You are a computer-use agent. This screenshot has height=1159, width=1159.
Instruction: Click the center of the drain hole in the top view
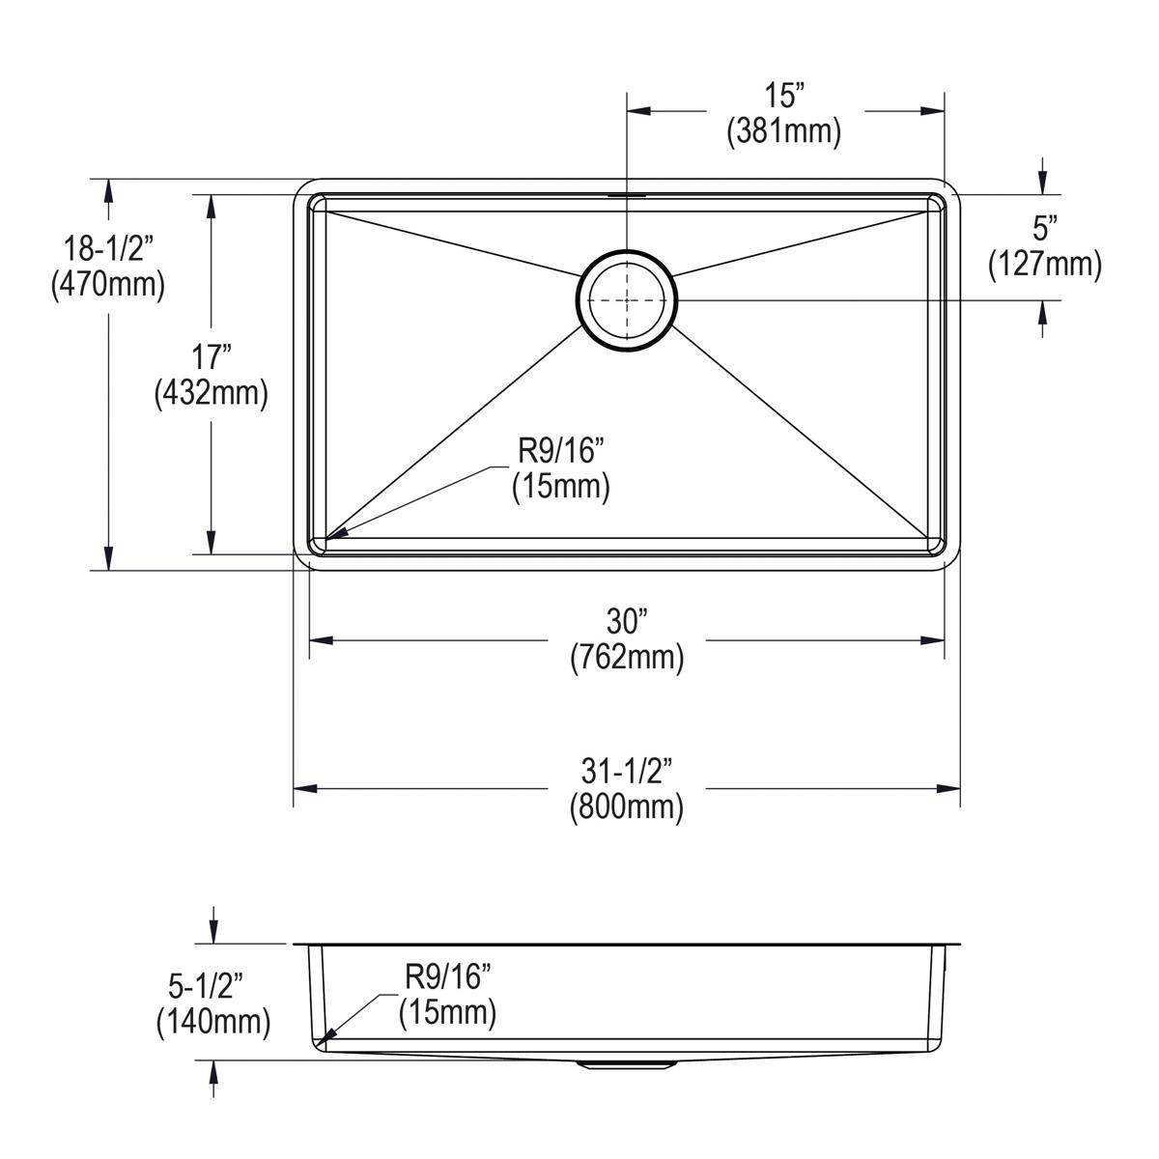[x=627, y=299]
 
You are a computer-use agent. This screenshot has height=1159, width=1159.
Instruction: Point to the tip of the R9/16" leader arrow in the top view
[x=326, y=537]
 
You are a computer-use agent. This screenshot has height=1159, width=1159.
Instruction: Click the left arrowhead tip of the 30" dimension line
[x=310, y=640]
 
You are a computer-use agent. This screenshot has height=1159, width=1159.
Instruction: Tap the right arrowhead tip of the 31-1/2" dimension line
[x=960, y=788]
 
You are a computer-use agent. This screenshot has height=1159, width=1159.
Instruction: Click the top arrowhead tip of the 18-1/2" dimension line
[x=108, y=180]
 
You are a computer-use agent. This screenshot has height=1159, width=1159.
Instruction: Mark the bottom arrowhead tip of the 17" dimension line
[x=212, y=554]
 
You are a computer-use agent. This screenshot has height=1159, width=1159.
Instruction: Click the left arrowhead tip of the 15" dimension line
[x=628, y=111]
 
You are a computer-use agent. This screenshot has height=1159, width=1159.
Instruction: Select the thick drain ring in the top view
[x=627, y=299]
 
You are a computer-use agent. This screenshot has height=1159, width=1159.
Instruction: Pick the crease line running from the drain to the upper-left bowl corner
[x=452, y=243]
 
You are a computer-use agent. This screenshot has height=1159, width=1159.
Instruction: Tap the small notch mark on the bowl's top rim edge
[x=627, y=195]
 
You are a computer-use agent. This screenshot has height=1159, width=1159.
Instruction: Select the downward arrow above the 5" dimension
[x=1042, y=175]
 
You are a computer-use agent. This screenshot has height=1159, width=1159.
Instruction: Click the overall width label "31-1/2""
[x=626, y=772]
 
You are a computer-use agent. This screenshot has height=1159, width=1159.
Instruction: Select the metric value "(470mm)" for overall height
[x=108, y=285]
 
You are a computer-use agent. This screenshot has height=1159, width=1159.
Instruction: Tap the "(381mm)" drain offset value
[x=783, y=130]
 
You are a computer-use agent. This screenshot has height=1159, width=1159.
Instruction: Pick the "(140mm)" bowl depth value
[x=213, y=1022]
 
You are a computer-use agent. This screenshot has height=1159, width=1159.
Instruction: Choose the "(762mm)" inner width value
[x=627, y=659]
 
